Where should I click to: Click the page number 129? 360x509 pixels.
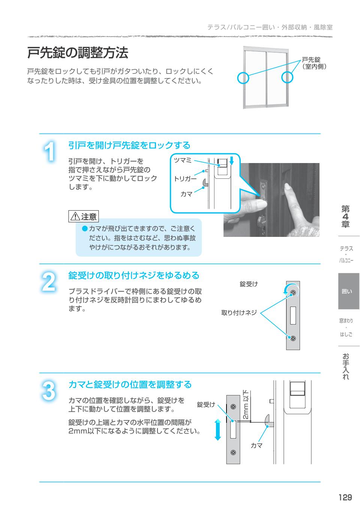coord(345,497)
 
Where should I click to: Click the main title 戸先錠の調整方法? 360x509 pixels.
coord(78,53)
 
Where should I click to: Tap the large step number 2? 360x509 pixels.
coord(49,282)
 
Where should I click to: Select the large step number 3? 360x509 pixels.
coord(49,391)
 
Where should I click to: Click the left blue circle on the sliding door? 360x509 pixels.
coord(243,78)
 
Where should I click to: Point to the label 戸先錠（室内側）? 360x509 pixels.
coord(313,63)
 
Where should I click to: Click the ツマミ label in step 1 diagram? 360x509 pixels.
coord(183,160)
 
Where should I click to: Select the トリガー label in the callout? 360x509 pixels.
coord(185,179)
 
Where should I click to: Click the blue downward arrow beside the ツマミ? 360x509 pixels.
coord(231,161)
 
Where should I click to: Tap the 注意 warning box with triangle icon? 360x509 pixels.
coord(84,216)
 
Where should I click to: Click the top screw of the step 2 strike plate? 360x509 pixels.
coord(293,292)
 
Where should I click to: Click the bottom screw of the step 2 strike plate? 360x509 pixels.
coord(293,338)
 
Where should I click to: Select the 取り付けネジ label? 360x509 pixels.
coord(239,313)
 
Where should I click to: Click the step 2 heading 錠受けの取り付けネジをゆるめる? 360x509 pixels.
coord(133,275)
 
